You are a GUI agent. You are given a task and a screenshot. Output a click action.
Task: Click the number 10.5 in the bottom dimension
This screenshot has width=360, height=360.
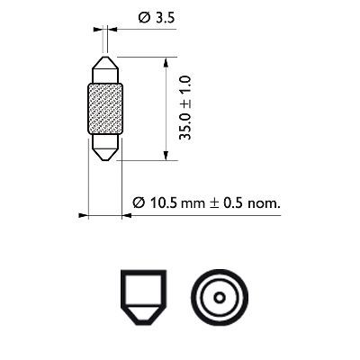coord(163,203)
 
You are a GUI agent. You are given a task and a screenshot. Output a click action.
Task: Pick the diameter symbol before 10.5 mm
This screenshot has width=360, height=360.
coord(137,203)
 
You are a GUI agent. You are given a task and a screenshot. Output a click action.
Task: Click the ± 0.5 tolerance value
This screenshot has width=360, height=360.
coord(228,203)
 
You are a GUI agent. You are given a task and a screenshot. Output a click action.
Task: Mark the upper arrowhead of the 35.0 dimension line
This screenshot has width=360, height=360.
coord(166,60)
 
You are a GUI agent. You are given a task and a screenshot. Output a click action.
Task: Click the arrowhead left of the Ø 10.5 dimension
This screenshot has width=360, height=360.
coord(84,215)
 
